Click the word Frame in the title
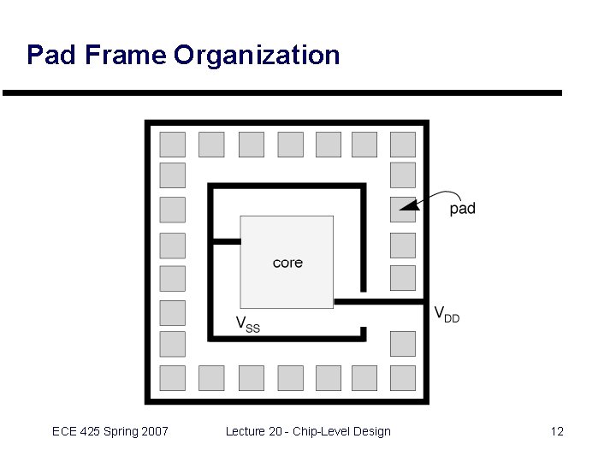click(121, 56)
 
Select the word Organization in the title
click(257, 56)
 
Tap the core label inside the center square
click(287, 263)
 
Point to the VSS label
click(247, 324)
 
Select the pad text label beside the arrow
click(462, 208)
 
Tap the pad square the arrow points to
click(403, 209)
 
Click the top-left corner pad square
click(173, 145)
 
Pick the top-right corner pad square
click(403, 145)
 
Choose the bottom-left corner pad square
click(173, 377)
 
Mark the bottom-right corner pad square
click(403, 377)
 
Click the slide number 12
click(557, 431)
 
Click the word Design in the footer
click(372, 431)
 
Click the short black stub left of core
click(227, 242)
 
